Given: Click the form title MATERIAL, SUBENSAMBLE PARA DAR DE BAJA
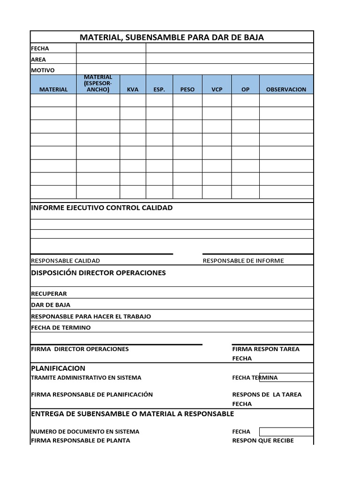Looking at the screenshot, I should tap(172, 37).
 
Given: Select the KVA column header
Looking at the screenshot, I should tap(133, 89).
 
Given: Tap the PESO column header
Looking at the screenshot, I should tap(187, 89).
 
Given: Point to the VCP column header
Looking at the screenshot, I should tap(217, 89).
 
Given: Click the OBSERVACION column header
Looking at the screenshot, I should tap(286, 89).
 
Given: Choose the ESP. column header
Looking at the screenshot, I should tap(159, 89).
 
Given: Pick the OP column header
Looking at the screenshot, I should tap(245, 89).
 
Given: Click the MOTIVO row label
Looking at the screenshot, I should tap(43, 70).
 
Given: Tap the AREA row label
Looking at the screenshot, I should tap(38, 60).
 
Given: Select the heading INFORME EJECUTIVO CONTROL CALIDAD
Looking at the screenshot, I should tap(102, 208).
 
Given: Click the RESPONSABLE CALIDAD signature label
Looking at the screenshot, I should tap(65, 261).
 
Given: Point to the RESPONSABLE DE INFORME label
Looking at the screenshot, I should tap(243, 261).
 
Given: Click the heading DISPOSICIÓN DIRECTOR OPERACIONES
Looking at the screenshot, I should tap(98, 273).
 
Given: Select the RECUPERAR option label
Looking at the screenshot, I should tap(49, 293).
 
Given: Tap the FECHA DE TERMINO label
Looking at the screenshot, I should tap(60, 327).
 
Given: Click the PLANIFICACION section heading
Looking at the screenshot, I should tap(58, 368).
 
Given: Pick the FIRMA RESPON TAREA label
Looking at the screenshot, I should tap(265, 349).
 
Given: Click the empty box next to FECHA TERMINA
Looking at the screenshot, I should tap(296, 377).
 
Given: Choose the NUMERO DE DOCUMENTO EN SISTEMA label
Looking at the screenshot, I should tap(85, 431).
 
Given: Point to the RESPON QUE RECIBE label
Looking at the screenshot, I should tap(263, 440).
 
